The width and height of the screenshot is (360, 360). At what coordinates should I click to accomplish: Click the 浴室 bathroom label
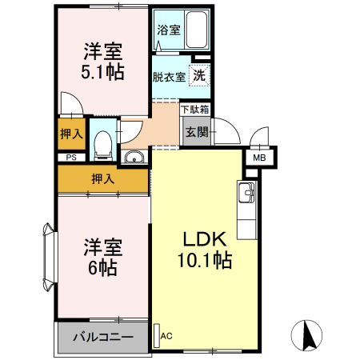coord(168,30)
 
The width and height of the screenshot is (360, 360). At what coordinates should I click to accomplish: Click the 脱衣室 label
coord(169,77)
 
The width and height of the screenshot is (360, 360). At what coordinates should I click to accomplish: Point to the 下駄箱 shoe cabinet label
coord(195,109)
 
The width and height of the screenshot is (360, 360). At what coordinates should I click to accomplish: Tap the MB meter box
coord(258,158)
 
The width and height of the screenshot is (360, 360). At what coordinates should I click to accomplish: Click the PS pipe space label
coord(71,158)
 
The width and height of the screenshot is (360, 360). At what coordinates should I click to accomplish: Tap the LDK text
coord(206,238)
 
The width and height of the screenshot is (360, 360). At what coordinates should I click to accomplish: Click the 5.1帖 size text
coord(102,73)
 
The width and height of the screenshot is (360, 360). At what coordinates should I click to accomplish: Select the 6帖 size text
coord(102,268)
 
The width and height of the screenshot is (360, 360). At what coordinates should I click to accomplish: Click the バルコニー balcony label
coord(104,338)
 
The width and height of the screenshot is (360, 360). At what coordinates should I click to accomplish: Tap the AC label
coord(166,336)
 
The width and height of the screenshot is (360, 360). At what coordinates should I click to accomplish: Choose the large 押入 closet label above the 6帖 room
coord(102,178)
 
